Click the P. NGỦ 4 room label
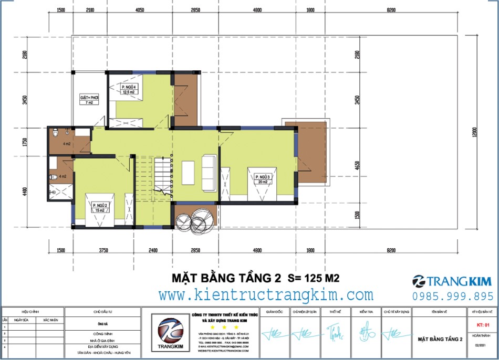[129, 89]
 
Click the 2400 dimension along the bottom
[153, 251]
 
